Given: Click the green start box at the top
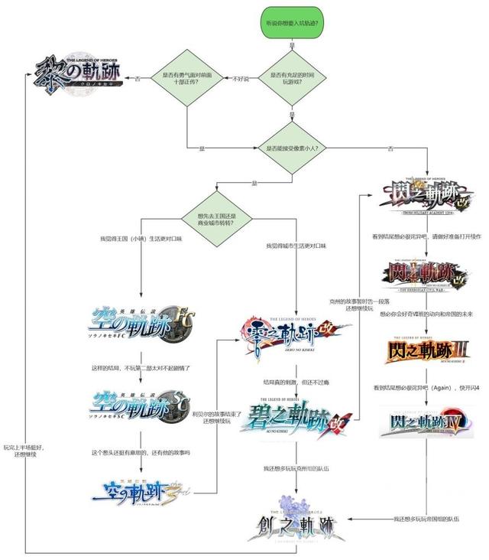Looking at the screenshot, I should tap(291, 24).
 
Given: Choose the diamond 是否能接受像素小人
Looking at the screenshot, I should tap(291, 147).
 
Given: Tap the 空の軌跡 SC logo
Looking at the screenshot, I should tap(141, 405).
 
